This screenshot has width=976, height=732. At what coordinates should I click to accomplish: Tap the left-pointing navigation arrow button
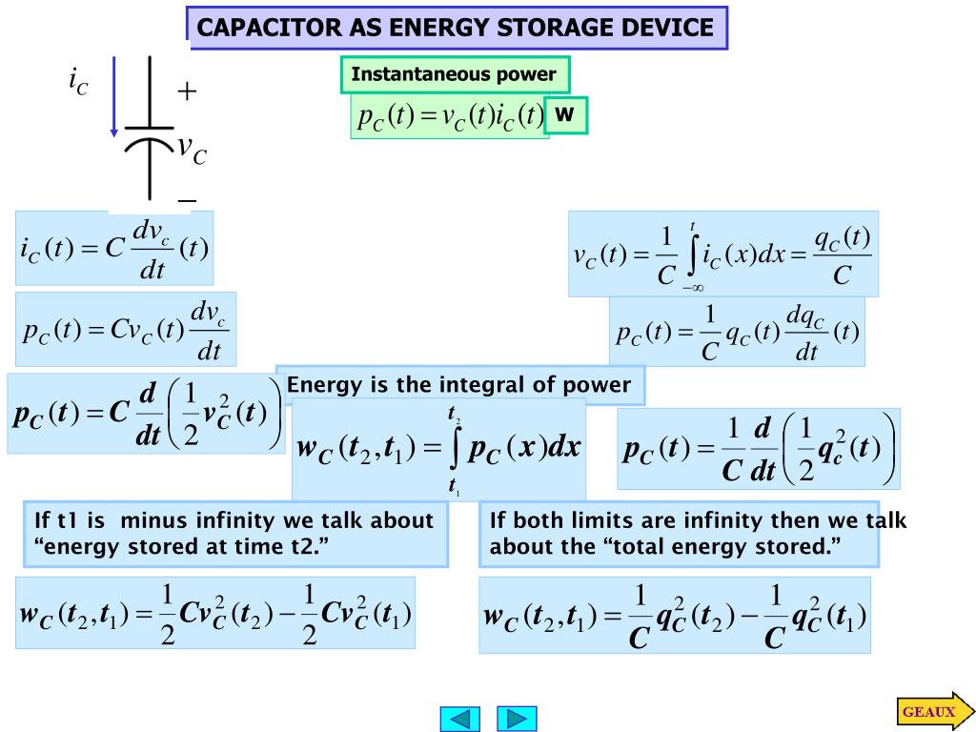tap(459, 718)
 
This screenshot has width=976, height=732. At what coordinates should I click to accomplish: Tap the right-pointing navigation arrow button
tap(518, 718)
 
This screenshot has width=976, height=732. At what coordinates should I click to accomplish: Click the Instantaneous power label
tap(454, 74)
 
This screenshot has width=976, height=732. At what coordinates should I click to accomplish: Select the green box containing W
tap(566, 115)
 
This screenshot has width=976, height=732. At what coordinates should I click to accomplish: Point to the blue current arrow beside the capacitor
tap(114, 95)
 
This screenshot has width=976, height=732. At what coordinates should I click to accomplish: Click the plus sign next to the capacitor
tap(187, 91)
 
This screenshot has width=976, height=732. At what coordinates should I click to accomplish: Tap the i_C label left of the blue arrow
tap(78, 83)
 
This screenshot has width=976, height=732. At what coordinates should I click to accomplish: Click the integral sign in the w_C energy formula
tap(455, 448)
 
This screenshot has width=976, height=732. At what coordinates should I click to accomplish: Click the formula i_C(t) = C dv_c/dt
tap(114, 249)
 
